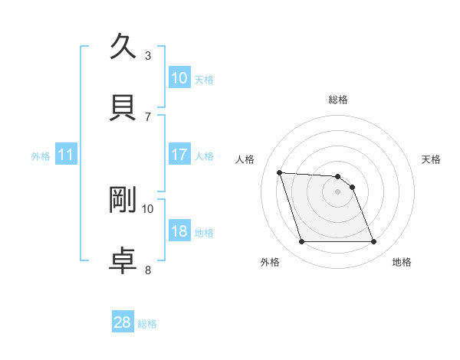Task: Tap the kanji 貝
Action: click(x=123, y=106)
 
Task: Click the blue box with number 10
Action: click(x=179, y=77)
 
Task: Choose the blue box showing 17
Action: click(x=179, y=155)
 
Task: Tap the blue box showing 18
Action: click(x=179, y=232)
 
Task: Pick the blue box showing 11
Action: click(x=66, y=155)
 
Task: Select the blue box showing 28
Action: click(x=123, y=322)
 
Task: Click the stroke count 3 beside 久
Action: click(x=148, y=55)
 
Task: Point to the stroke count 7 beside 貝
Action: click(x=148, y=116)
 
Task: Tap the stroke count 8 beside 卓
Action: click(x=148, y=270)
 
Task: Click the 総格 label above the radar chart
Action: click(x=338, y=100)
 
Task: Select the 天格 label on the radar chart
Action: click(x=432, y=159)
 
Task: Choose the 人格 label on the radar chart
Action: click(x=246, y=159)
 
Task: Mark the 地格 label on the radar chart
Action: click(x=402, y=263)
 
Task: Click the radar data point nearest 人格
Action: click(x=280, y=172)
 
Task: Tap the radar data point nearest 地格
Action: click(x=373, y=242)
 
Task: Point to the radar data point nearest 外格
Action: click(x=301, y=242)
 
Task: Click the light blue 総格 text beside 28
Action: click(x=147, y=324)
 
